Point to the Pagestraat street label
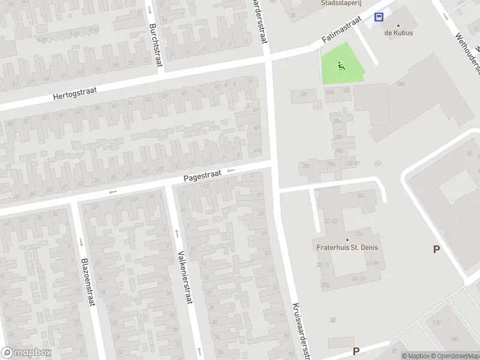pyautogui.click(x=202, y=175)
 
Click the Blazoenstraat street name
pyautogui.click(x=88, y=282)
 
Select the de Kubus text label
pyautogui.click(x=398, y=33)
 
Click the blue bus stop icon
pyautogui.click(x=379, y=17)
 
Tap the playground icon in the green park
pyautogui.click(x=341, y=66)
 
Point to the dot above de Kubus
pyautogui.click(x=398, y=25)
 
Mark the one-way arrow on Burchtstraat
pyautogui.click(x=149, y=11)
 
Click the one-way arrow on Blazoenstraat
pyautogui.click(x=81, y=242)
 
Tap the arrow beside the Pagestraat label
pyautogui.click(x=231, y=172)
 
